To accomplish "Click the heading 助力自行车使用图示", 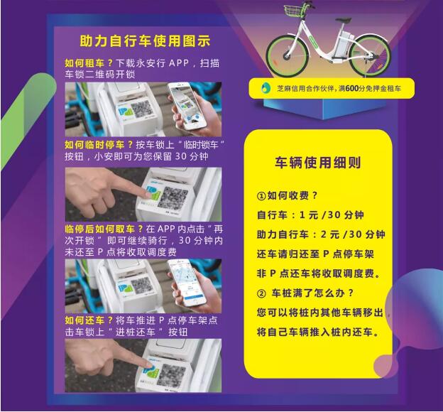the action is click(x=145, y=41).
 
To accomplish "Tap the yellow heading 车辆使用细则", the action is click(x=318, y=163).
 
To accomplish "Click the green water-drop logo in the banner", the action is click(x=266, y=88).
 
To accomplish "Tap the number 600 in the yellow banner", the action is click(x=351, y=89).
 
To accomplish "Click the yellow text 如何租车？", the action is click(x=89, y=63).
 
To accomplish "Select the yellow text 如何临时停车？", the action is click(x=99, y=145).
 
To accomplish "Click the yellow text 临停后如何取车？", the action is click(x=104, y=229).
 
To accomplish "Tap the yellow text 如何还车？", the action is click(x=89, y=320).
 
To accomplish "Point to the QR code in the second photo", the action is click(x=173, y=197).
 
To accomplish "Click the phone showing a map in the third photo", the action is click(x=187, y=283).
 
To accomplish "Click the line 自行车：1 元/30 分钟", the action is click(x=310, y=215).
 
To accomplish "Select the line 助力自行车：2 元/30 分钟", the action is click(x=321, y=234).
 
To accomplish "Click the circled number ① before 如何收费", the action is click(x=261, y=195).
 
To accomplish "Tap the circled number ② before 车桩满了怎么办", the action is click(x=261, y=293).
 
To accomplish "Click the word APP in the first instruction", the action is click(x=179, y=63).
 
